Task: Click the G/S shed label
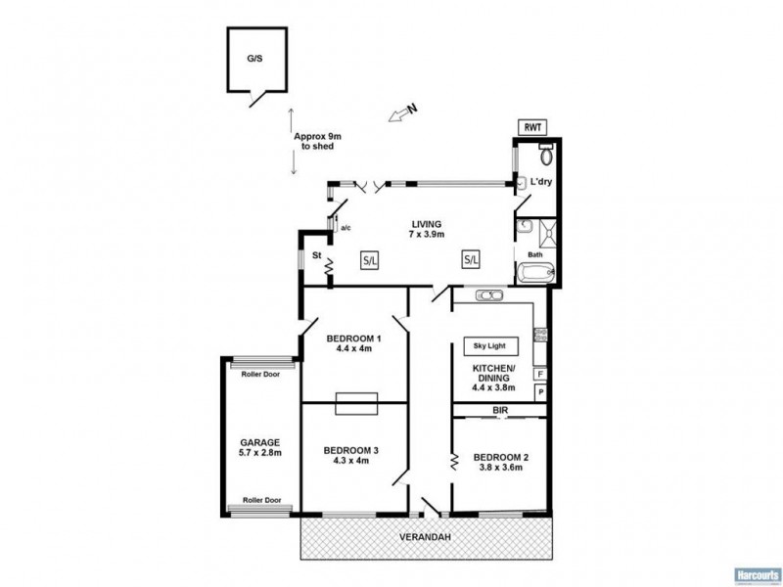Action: tap(254, 59)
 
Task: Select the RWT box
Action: tap(533, 127)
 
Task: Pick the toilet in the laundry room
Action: tap(546, 155)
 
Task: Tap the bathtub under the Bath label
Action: tap(535, 273)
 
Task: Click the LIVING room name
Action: tap(427, 223)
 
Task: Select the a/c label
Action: tap(346, 228)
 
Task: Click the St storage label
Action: tap(316, 257)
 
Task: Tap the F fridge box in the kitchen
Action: tap(539, 374)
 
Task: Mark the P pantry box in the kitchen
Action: tap(539, 392)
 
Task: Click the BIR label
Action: tap(499, 410)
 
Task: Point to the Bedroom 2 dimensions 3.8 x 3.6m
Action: tap(501, 468)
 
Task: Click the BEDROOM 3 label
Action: tap(351, 451)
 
